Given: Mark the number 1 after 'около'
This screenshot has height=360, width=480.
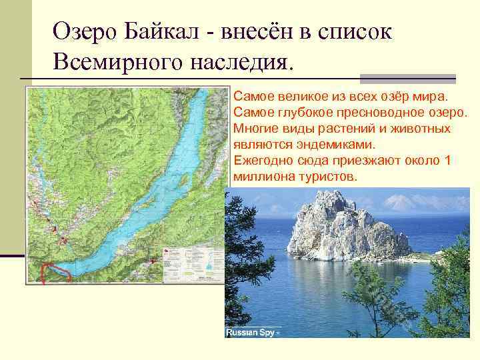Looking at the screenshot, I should [x=447, y=161].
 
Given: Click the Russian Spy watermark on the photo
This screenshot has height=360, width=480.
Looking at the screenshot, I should [x=253, y=331].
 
